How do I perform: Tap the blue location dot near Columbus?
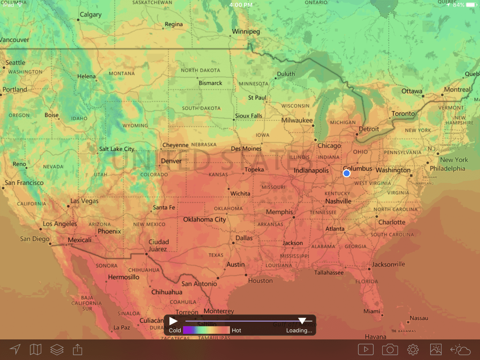coord(346,173)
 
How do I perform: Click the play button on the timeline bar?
coord(173,321)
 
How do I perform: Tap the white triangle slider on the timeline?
coord(302,321)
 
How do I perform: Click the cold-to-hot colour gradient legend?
coord(206,330)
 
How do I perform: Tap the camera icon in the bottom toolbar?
coord(390,350)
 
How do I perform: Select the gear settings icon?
coord(413,350)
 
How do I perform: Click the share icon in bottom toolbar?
coord(77,349)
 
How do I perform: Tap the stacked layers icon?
coord(57,349)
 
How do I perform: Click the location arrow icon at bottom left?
coord(15,349)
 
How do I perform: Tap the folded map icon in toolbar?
coord(36,349)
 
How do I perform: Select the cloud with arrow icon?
coord(460,350)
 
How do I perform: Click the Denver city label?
coord(171,161)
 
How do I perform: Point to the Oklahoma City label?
coord(204,219)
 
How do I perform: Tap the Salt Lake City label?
coord(117,149)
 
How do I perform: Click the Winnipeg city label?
coord(246,31)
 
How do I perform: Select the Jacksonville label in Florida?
coord(388,264)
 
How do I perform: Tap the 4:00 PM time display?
coord(241,5)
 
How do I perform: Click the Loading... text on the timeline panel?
coord(299,330)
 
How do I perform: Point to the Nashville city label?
coord(338,201)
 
